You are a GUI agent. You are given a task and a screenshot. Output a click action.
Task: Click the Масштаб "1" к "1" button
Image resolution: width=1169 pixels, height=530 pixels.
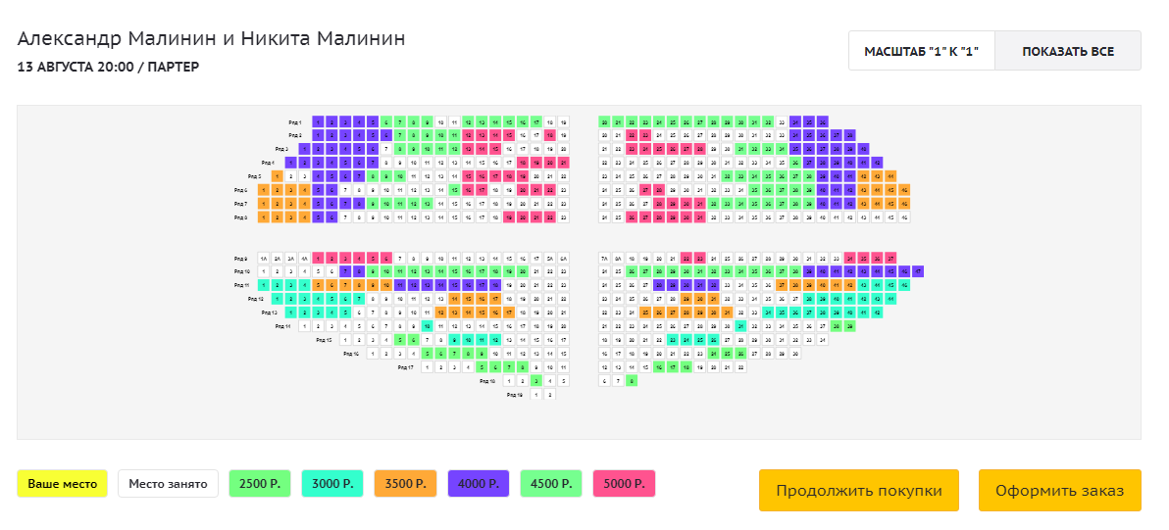pyautogui.click(x=921, y=51)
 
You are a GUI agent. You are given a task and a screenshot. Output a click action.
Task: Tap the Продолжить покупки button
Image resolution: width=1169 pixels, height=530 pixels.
pyautogui.click(x=858, y=490)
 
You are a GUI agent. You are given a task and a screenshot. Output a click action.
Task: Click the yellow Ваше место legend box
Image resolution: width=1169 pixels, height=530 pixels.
pyautogui.click(x=62, y=484)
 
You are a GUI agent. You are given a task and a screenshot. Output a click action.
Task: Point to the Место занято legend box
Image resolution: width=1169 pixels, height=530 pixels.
pyautogui.click(x=168, y=484)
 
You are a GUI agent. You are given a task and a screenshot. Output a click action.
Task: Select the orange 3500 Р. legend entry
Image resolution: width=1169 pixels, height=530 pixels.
pyautogui.click(x=405, y=484)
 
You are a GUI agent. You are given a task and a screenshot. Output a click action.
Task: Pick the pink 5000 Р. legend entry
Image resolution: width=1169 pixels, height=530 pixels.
pyautogui.click(x=624, y=484)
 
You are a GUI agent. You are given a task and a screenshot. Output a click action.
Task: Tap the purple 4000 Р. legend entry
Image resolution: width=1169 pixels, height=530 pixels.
pyautogui.click(x=478, y=484)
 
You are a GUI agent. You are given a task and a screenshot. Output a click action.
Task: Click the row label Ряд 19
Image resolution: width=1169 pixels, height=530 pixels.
pyautogui.click(x=514, y=395)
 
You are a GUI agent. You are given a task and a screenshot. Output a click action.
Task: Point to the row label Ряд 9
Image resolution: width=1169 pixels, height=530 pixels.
pyautogui.click(x=240, y=258)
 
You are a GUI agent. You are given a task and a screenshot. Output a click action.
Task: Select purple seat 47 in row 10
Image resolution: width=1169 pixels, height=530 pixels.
pyautogui.click(x=918, y=271)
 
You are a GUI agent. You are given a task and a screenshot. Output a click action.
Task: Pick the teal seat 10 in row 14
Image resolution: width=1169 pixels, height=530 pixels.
pyautogui.click(x=428, y=326)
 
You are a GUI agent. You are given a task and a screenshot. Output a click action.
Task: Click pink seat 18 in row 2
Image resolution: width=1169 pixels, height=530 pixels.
pyautogui.click(x=550, y=135)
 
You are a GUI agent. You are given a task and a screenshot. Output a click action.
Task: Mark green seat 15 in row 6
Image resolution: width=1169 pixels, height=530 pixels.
pyautogui.click(x=468, y=190)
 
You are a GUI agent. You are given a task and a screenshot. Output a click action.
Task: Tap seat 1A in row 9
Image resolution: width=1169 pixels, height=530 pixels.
pyautogui.click(x=264, y=258)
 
